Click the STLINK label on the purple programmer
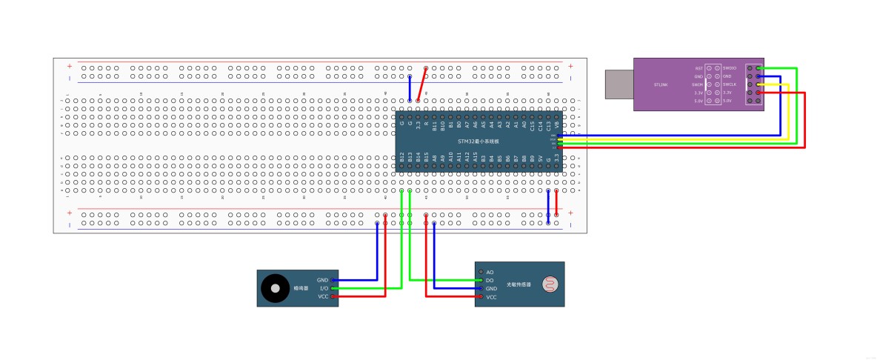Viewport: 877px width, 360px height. [x=661, y=84]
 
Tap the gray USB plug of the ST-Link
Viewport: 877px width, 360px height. [x=618, y=84]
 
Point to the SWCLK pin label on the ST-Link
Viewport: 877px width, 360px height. [x=730, y=84]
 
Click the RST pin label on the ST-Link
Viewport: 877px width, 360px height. [x=698, y=67]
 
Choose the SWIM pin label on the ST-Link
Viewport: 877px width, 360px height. [x=697, y=84]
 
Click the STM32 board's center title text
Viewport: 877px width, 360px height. [x=478, y=141]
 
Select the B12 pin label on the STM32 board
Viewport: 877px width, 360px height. [x=401, y=157]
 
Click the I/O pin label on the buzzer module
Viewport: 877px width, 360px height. [x=323, y=288]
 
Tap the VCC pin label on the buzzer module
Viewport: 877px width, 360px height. [x=323, y=296]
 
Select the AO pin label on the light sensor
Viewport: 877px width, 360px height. [x=490, y=272]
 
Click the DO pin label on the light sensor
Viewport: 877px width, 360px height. [x=490, y=280]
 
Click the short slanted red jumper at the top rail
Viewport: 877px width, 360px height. [x=421, y=84]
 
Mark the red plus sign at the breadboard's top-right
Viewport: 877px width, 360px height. [x=570, y=66]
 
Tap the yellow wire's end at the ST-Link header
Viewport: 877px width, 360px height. [x=758, y=84]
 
